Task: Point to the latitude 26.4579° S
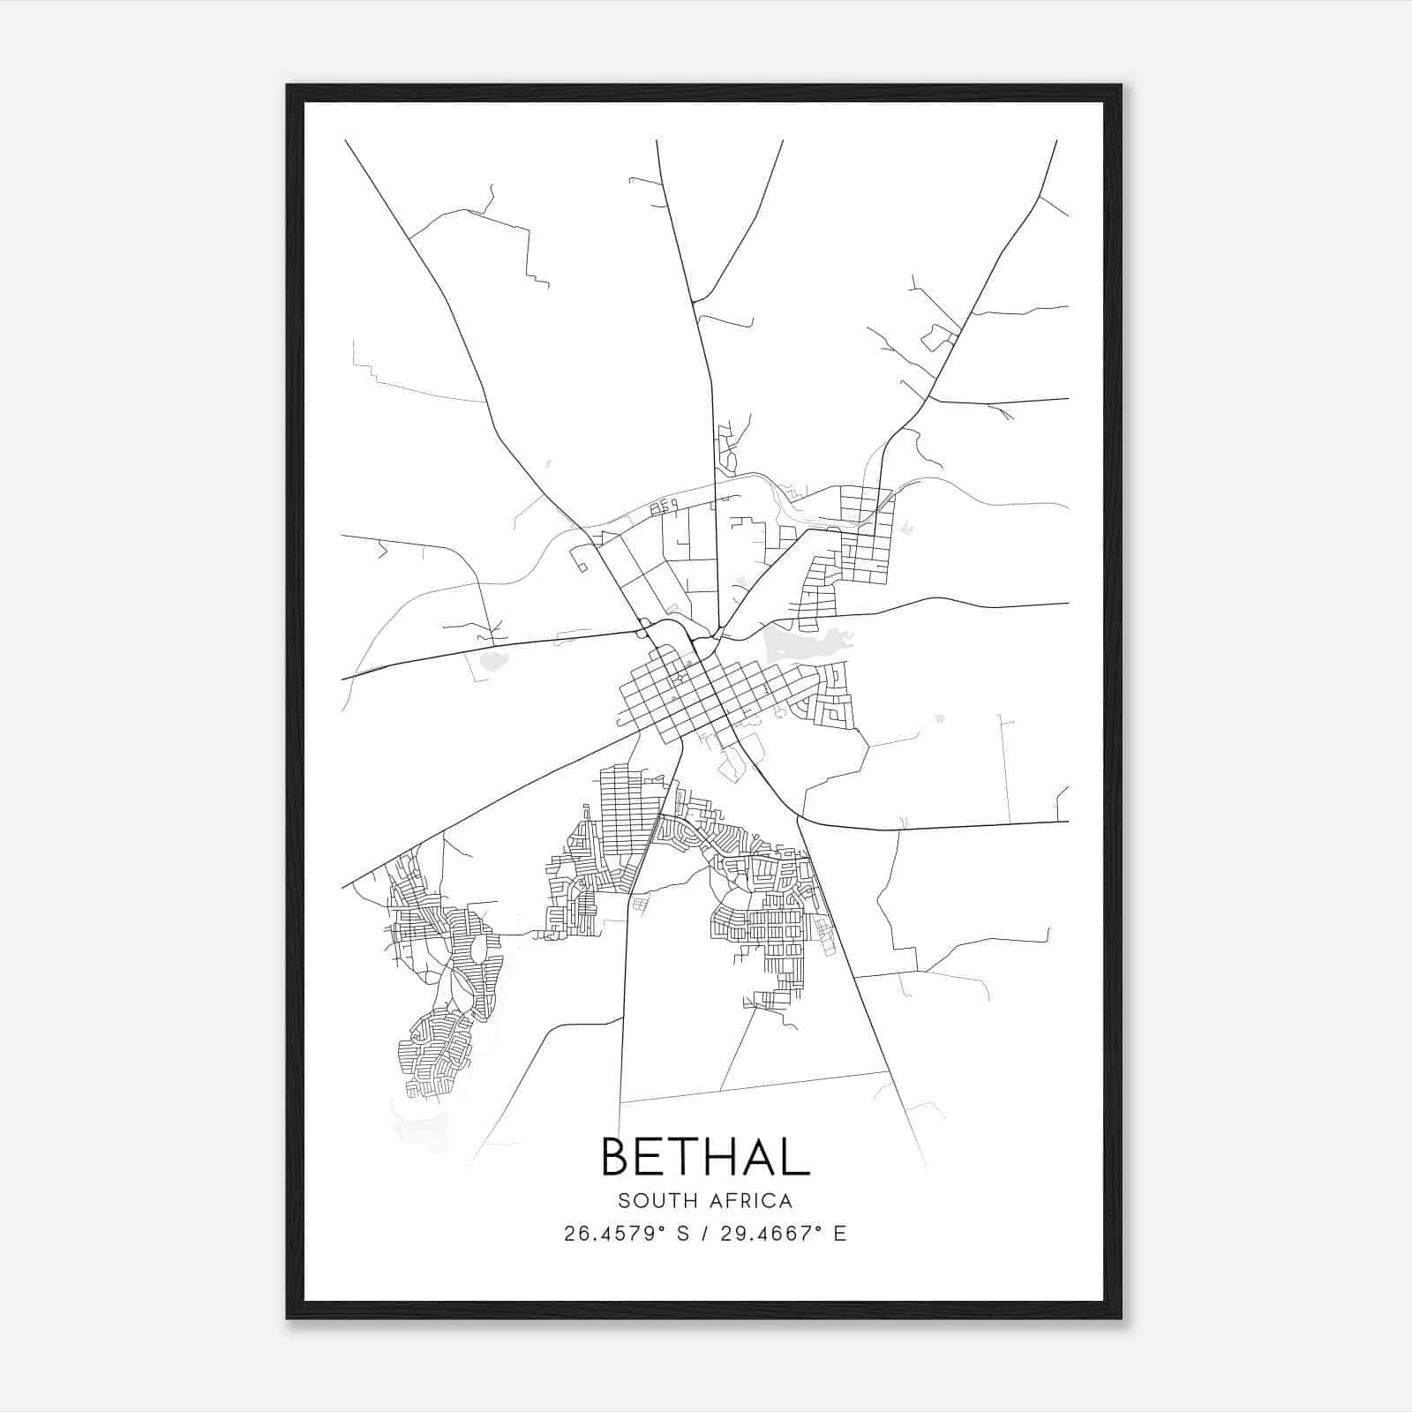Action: (x=627, y=1234)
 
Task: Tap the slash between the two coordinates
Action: (x=706, y=1234)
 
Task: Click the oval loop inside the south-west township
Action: (x=477, y=950)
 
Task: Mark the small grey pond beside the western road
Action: (x=492, y=659)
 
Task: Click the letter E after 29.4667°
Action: (x=840, y=1234)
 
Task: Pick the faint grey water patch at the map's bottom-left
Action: (x=419, y=1130)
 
